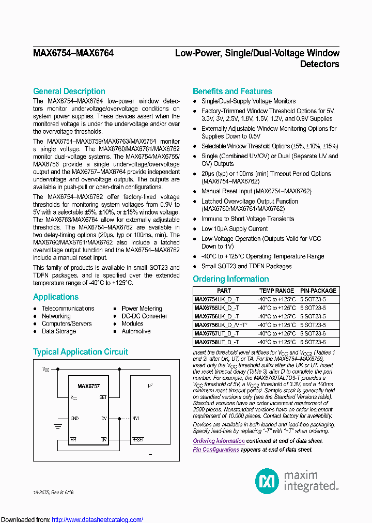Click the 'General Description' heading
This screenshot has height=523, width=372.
point(69,91)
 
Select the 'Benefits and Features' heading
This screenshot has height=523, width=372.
point(232,91)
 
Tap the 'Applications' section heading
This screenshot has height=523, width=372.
point(56,297)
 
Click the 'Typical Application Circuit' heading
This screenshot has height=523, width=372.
point(81,352)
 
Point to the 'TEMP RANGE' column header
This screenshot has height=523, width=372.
point(276,291)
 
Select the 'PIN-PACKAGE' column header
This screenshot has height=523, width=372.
point(318,291)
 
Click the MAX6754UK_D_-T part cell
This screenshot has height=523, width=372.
point(217,299)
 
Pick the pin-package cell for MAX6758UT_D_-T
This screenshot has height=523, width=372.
point(318,342)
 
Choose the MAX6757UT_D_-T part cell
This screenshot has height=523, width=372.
point(217,333)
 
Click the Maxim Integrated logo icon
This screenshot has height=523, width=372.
point(267,481)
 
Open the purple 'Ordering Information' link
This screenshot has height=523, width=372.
point(219,441)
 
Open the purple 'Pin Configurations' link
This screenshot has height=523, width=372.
point(216,450)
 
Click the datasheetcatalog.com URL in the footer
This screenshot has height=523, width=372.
point(98,520)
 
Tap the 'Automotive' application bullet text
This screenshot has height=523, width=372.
point(136,331)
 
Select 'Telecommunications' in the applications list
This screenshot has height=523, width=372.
point(68,309)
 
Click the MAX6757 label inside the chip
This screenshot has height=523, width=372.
point(88,386)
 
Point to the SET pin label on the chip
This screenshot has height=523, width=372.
point(103,397)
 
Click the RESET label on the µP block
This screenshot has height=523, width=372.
point(138,439)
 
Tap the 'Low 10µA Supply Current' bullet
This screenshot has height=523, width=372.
point(234,229)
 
